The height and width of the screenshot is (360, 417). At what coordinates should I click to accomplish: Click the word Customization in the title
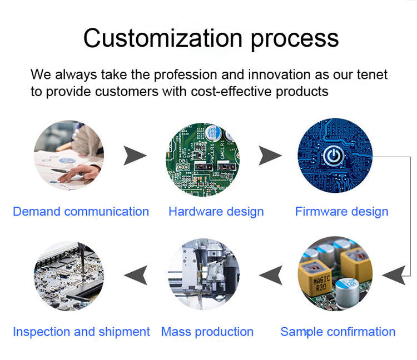(x=163, y=38)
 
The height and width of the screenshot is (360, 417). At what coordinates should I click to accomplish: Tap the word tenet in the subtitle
(x=372, y=74)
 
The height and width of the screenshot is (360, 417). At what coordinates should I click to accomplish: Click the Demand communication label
(x=81, y=212)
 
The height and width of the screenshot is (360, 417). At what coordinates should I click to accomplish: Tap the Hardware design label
(x=216, y=212)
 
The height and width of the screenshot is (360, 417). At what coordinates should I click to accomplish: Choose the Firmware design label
(x=342, y=212)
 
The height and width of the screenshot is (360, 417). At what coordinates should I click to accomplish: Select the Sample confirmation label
(x=337, y=332)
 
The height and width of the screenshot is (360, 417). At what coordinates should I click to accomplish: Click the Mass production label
(x=207, y=332)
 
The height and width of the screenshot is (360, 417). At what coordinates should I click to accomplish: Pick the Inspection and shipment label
(x=81, y=332)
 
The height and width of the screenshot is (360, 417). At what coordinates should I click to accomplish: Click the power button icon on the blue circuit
(x=334, y=156)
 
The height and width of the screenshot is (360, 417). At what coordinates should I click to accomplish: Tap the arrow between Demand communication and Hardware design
(x=135, y=156)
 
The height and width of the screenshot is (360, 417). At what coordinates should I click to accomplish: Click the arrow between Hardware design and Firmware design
(x=270, y=156)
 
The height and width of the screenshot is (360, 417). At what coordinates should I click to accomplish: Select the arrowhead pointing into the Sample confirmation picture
(x=394, y=275)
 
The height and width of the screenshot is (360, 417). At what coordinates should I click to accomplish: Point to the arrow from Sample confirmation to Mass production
(x=271, y=275)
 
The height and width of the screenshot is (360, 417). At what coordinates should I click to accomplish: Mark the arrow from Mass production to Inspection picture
(x=136, y=275)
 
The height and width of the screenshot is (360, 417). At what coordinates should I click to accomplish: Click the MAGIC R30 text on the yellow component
(x=321, y=283)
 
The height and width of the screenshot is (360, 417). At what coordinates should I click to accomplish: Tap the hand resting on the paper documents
(x=77, y=173)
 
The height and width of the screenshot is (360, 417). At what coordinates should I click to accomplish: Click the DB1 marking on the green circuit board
(x=183, y=161)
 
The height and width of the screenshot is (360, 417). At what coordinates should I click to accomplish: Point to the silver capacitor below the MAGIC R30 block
(x=347, y=293)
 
